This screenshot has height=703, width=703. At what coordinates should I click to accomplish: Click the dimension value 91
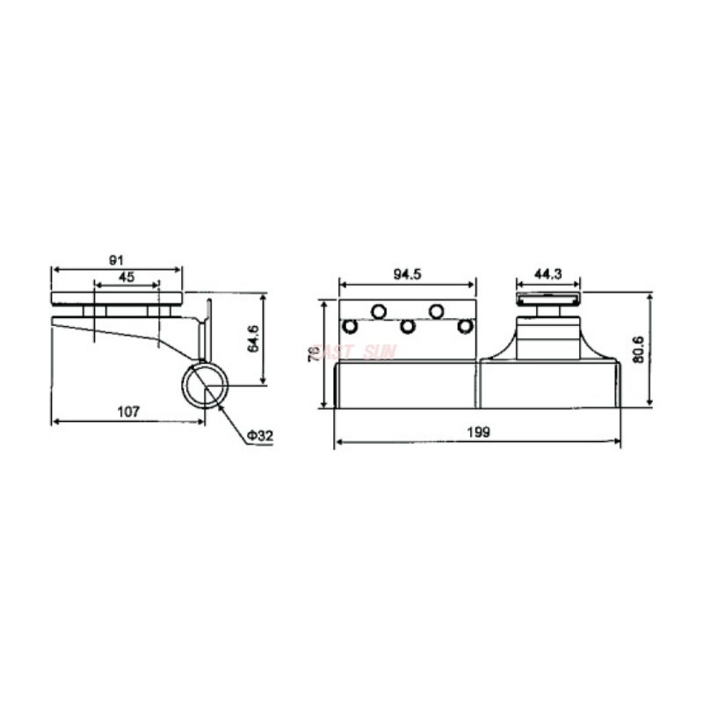116,260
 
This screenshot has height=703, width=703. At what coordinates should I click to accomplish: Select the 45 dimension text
127,277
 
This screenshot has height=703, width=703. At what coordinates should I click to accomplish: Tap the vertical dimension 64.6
254,338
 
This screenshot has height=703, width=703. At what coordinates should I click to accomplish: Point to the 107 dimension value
128,411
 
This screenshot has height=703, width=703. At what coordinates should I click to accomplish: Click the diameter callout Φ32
261,436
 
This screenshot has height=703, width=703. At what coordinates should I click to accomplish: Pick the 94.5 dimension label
408,274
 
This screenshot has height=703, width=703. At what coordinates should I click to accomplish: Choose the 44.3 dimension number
547,274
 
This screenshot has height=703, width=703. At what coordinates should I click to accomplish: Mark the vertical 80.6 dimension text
639,350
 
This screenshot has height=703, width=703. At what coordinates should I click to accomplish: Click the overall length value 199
478,432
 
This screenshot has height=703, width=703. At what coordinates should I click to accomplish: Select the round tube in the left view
207,386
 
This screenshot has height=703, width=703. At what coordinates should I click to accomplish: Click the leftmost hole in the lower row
351,327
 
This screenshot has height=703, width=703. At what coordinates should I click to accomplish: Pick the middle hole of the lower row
408,327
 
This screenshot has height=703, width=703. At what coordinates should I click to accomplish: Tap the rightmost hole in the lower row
465,327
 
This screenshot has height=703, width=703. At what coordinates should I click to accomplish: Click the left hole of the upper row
380,311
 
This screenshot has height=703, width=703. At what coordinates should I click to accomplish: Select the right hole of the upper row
436,311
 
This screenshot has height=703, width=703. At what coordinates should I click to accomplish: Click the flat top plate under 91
117,298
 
